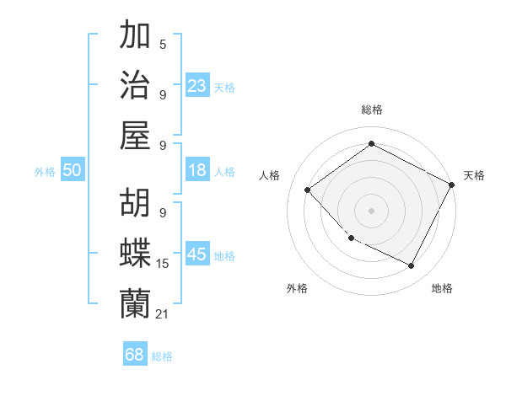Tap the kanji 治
(136, 84)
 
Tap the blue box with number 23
(197, 86)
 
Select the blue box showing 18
(197, 170)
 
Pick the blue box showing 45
(197, 254)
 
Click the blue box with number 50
(72, 170)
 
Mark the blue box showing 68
(135, 355)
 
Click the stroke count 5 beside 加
(162, 44)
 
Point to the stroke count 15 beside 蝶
(163, 264)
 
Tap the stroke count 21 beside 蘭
(163, 313)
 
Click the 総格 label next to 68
(162, 356)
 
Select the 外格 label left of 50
(45, 172)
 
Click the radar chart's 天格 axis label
(474, 175)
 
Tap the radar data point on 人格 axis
(308, 190)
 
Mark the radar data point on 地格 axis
(412, 266)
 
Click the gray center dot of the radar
(371, 210)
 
